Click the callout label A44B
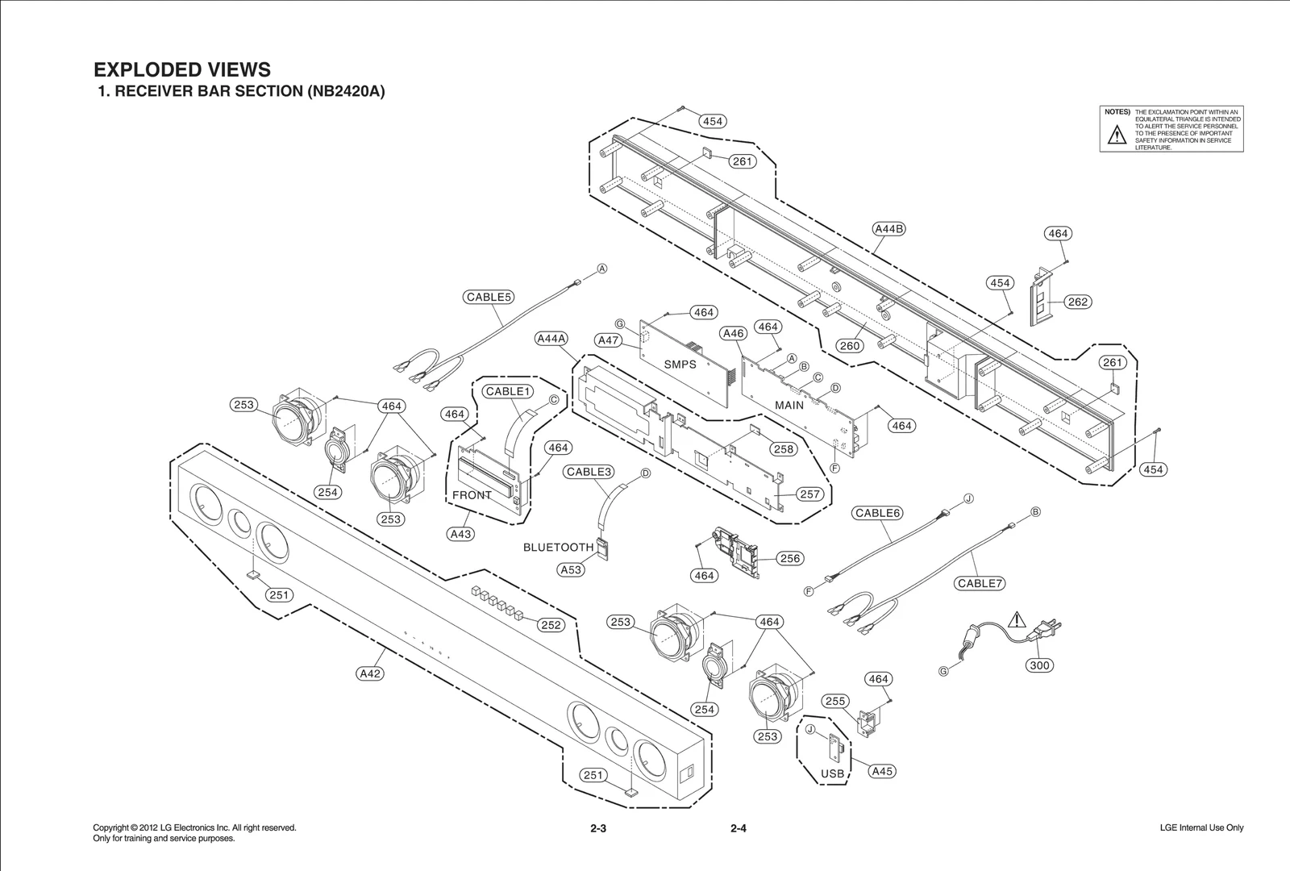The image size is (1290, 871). coord(889,228)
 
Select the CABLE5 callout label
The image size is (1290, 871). coord(489,297)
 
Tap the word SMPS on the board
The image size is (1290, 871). coord(680,365)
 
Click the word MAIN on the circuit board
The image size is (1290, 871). coord(789,405)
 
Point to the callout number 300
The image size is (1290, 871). coord(1039,665)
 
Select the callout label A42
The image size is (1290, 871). coord(370,673)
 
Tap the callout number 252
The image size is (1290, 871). coord(551,625)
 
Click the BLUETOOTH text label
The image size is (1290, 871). coord(558,548)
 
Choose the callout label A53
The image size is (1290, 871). coord(571,569)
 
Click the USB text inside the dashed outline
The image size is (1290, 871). coord(832,773)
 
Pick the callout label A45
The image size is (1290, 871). coord(882,771)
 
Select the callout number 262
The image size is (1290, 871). coord(1077,302)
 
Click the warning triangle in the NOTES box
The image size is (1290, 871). coord(1116,135)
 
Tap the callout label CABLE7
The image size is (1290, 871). coord(980,583)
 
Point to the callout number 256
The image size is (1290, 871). coord(790,558)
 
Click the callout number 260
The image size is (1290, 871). coord(849,346)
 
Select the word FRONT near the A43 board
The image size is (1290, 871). coord(472,495)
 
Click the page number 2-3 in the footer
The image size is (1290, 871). coord(597,828)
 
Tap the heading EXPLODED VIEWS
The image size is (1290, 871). coord(182,69)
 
